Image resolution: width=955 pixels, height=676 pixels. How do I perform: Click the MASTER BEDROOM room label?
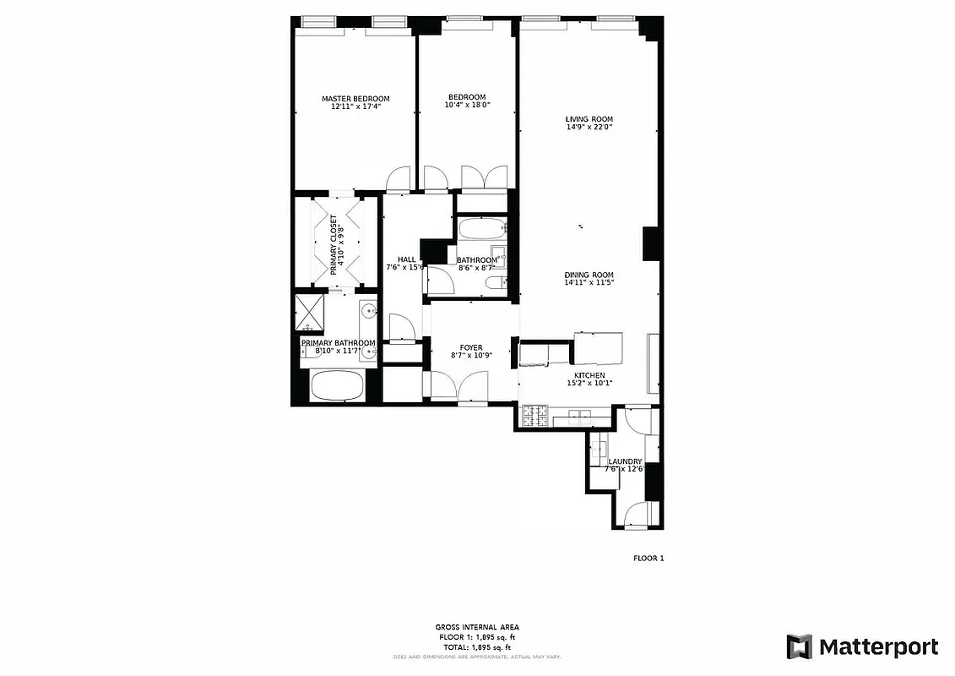click(355, 99)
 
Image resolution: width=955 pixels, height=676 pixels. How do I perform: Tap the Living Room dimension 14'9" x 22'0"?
click(589, 128)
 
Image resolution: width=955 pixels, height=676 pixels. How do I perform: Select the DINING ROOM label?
click(589, 275)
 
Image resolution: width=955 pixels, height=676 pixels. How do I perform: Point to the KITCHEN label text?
click(589, 375)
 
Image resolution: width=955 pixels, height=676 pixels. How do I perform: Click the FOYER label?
click(471, 347)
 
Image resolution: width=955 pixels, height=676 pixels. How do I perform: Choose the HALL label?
click(406, 259)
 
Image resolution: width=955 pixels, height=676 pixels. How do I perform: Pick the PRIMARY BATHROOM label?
click(338, 343)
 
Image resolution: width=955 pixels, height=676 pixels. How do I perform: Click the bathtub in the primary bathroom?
click(338, 387)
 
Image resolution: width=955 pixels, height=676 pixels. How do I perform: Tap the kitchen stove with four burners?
click(535, 417)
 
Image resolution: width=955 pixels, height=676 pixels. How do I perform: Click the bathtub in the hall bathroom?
click(482, 229)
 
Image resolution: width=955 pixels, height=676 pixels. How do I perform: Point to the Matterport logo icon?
click(799, 646)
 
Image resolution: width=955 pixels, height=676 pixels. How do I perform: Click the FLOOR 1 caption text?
click(648, 558)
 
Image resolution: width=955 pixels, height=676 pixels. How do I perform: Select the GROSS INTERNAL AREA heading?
click(477, 627)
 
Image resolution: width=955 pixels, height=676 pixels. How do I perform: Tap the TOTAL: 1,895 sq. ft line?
click(477, 647)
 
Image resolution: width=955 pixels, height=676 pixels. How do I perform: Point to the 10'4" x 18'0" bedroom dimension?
click(468, 105)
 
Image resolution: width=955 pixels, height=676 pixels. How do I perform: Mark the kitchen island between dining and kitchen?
click(598, 347)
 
